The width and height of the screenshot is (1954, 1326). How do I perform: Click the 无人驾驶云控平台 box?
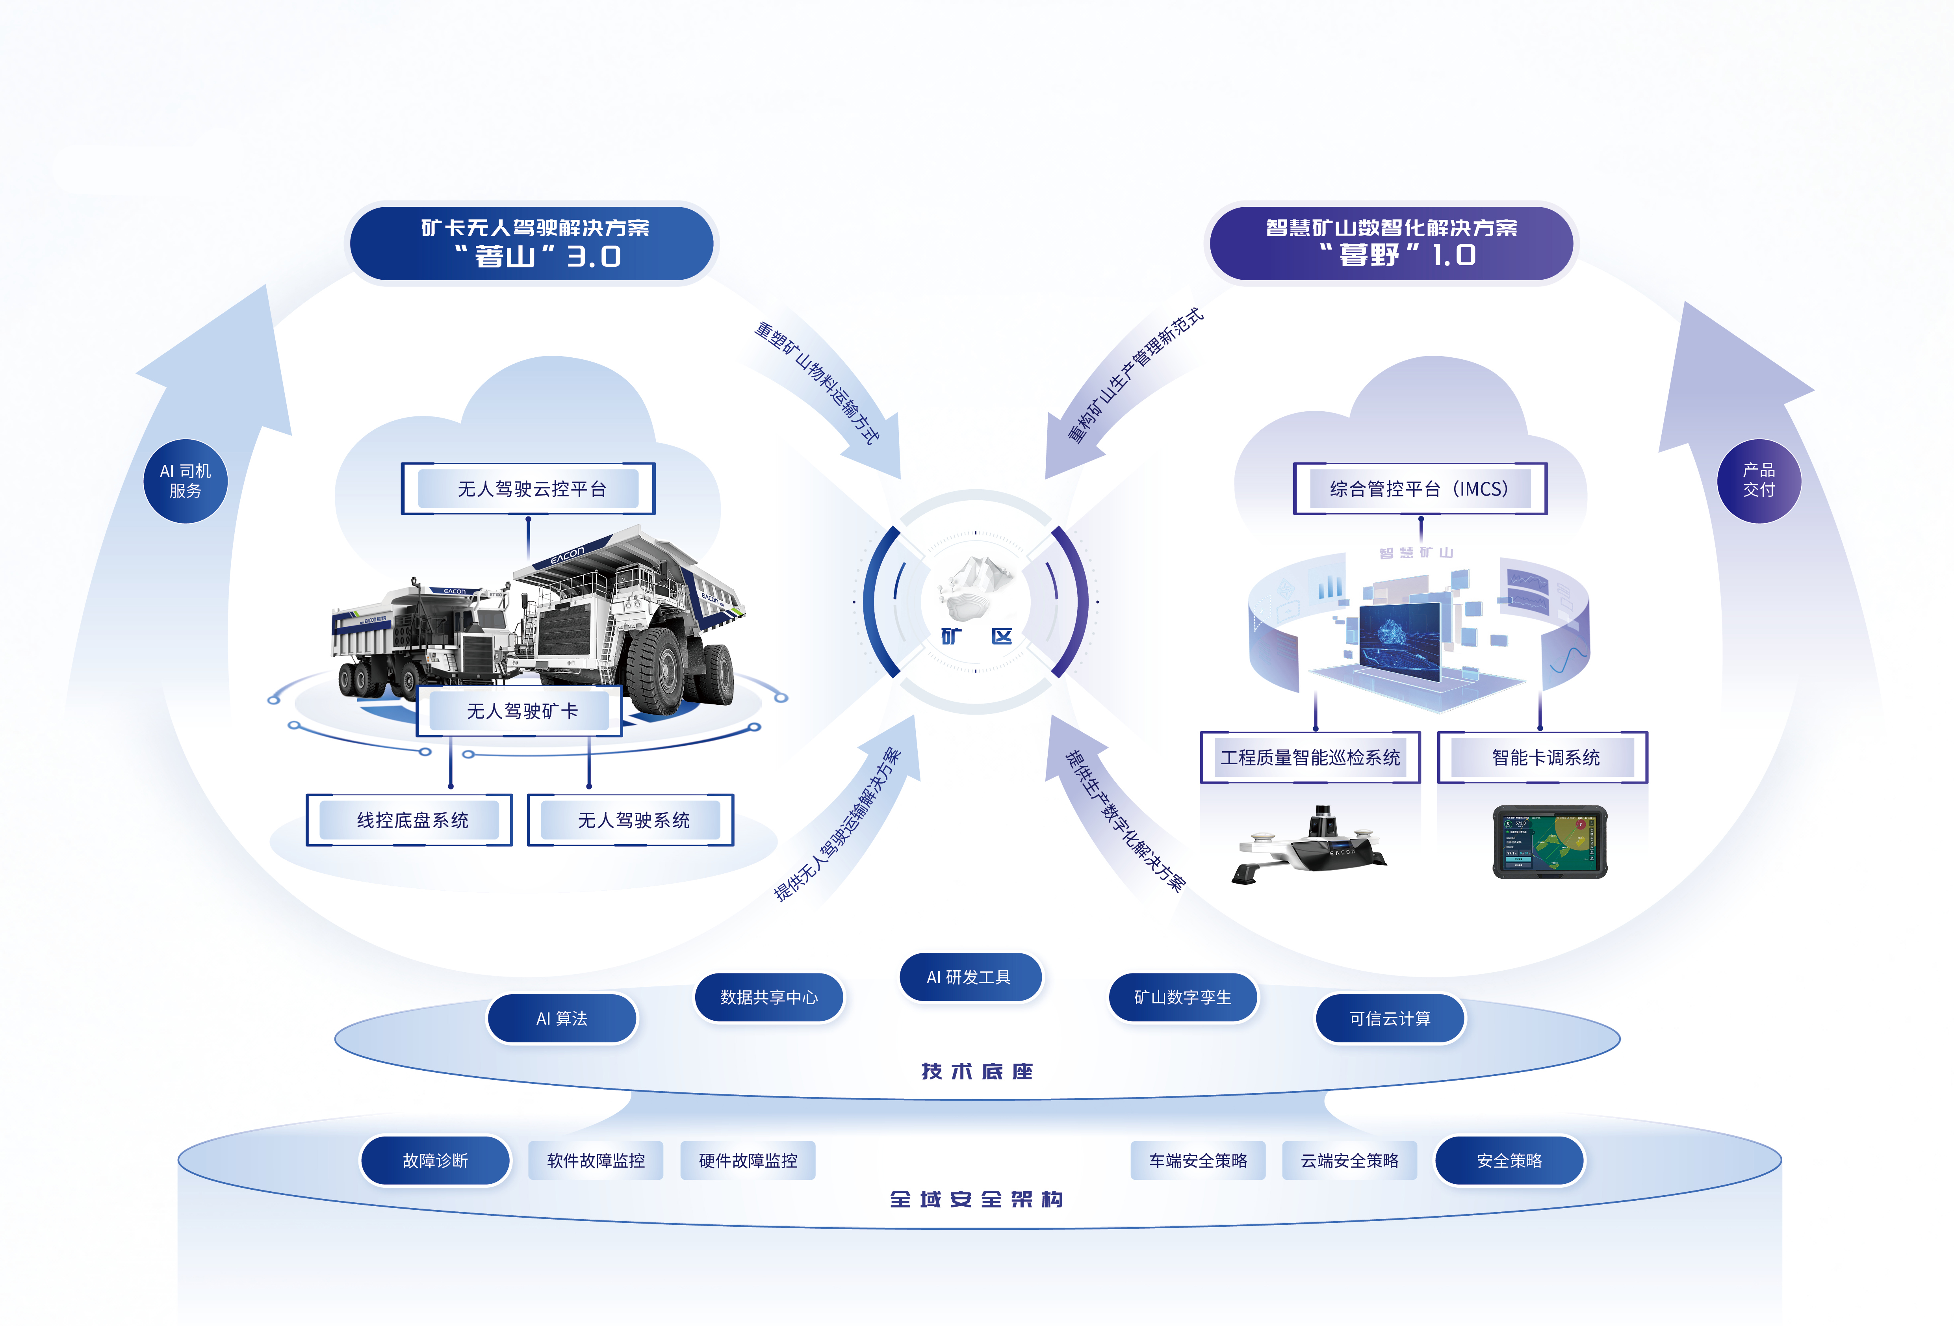coord(528,488)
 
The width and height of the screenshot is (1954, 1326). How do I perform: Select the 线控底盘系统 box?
coord(410,820)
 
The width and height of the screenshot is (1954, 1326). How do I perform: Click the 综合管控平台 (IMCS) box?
coord(1420,488)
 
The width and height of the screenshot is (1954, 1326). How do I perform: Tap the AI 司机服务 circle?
coord(186,481)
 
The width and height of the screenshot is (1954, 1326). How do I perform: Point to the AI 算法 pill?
coord(562,1018)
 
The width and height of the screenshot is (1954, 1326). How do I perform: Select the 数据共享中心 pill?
coord(768,997)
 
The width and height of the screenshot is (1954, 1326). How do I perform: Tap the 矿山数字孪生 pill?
coord(1183,997)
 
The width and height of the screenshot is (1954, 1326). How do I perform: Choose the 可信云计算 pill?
coord(1390,1018)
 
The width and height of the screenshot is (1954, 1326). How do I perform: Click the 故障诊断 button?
coord(436,1161)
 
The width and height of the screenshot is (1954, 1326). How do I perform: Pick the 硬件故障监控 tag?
coord(748,1161)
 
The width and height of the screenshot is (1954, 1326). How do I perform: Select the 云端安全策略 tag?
coord(1349,1161)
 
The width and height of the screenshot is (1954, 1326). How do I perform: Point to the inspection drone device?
coord(1312,845)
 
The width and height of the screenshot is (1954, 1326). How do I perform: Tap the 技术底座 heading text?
coord(977,1071)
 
